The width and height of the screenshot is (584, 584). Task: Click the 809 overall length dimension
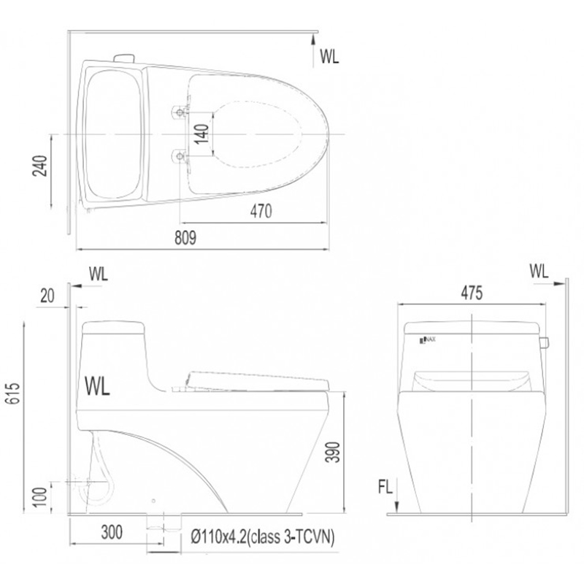185,238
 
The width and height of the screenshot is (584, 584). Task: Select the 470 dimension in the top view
261,211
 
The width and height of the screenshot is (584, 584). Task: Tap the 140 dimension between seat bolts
201,134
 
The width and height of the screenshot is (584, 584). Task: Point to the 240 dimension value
40,166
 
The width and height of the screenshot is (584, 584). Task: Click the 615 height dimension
13,393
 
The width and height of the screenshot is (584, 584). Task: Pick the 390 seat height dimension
333,452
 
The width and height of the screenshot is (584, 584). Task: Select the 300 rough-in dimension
112,532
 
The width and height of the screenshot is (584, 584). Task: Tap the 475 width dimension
472,293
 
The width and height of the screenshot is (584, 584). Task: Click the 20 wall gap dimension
47,296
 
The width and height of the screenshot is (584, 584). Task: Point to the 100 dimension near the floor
40,497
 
